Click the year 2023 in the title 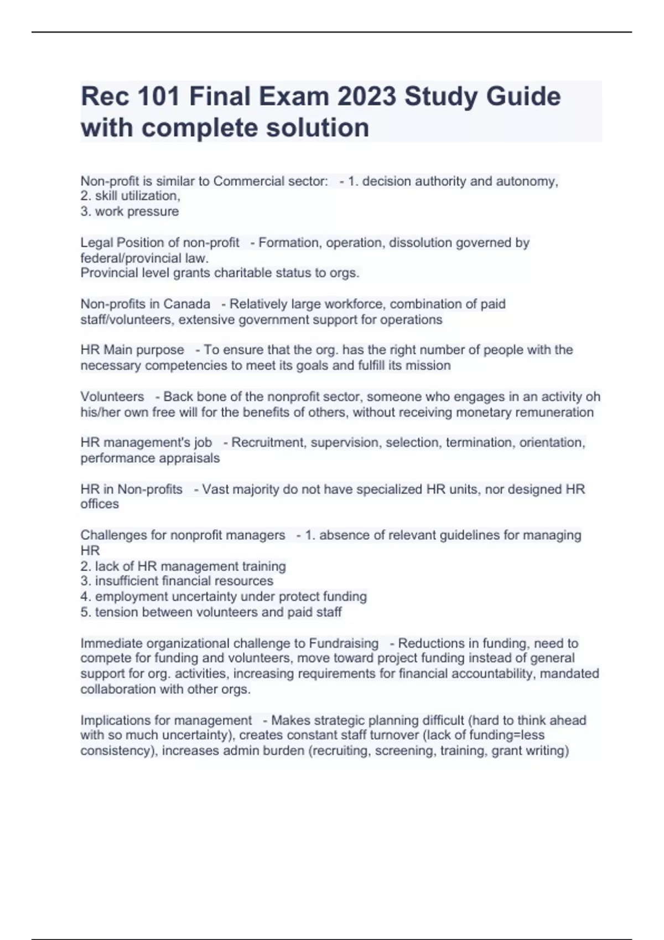coord(366,97)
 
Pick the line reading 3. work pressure coord(129,211)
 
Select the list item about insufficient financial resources coord(177,581)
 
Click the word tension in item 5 coord(115,612)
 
